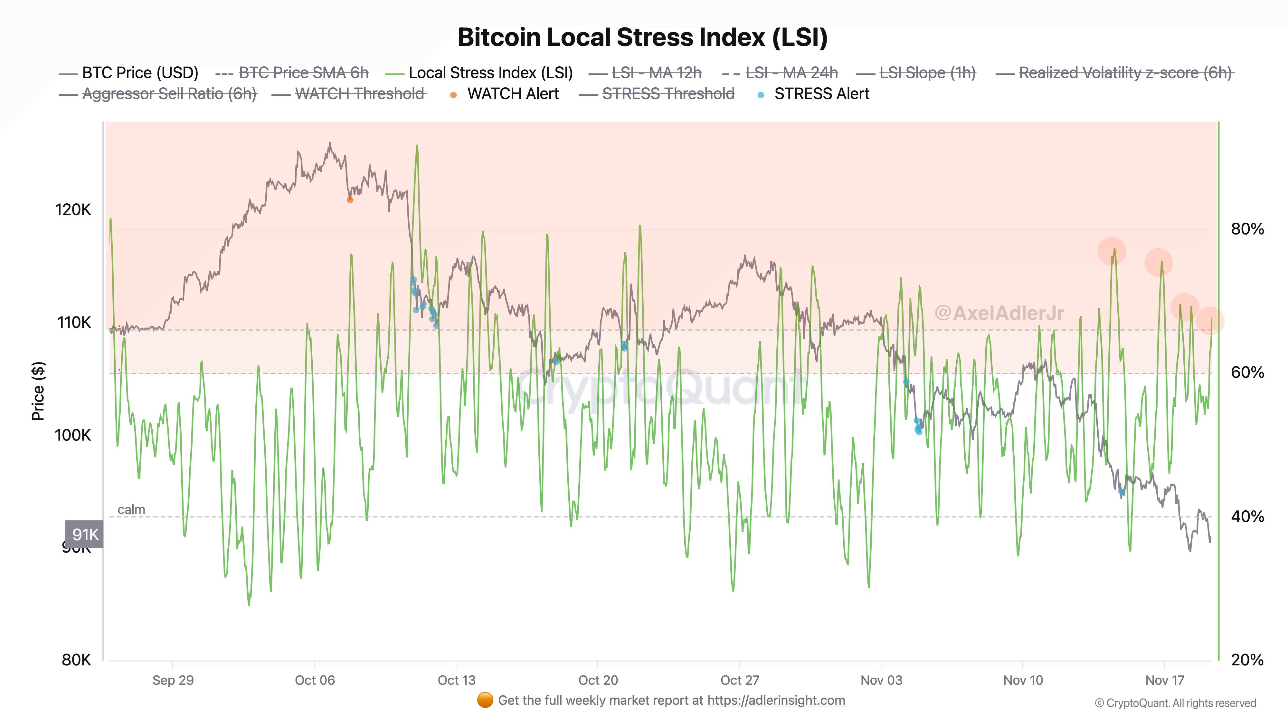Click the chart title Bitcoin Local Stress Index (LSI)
[x=642, y=37]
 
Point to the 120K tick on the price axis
[x=73, y=210]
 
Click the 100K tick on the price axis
[x=73, y=435]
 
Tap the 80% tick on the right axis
[x=1247, y=229]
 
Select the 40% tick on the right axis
[x=1247, y=516]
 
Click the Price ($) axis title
[x=38, y=391]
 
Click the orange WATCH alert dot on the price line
[x=350, y=200]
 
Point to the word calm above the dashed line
[x=131, y=509]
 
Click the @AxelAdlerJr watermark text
[x=999, y=313]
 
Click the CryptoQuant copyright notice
[x=1175, y=703]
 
